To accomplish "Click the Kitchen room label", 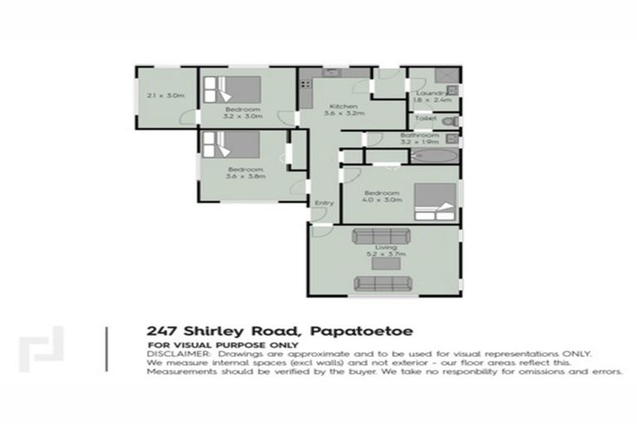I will pyautogui.click(x=343, y=108).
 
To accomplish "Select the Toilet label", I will pyautogui.click(x=425, y=118).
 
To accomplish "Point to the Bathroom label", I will pyautogui.click(x=418, y=135).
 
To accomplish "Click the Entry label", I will pyautogui.click(x=323, y=203).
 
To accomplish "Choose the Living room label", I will pyautogui.click(x=385, y=248).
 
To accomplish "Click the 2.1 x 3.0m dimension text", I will pyautogui.click(x=165, y=96).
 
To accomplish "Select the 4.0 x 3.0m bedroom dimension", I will pyautogui.click(x=382, y=200).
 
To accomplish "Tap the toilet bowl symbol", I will pyautogui.click(x=451, y=122).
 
